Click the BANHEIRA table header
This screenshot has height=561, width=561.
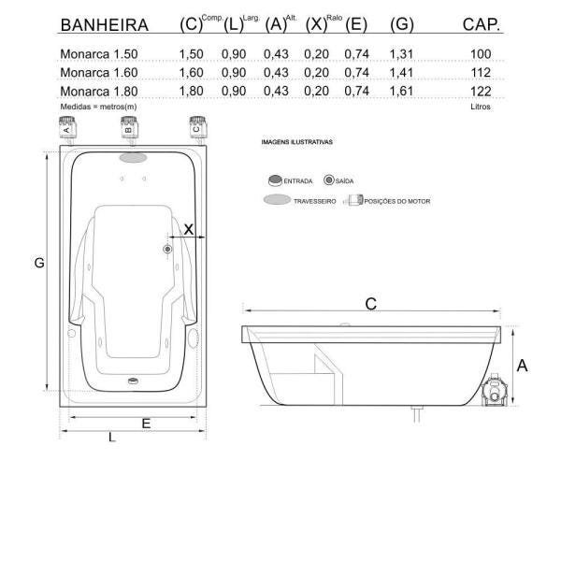[x=105, y=25]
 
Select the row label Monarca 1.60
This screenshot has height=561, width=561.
[x=99, y=73]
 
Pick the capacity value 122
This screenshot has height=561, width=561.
[x=481, y=92]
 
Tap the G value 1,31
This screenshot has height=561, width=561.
[x=401, y=54]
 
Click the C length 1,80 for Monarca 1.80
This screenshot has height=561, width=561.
[x=191, y=92]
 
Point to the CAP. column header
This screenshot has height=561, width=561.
[x=482, y=24]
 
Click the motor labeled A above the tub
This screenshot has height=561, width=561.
[x=67, y=129]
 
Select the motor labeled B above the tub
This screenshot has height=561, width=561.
[x=129, y=129]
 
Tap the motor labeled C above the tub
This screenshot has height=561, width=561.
[x=198, y=129]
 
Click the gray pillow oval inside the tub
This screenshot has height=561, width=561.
[x=133, y=157]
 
